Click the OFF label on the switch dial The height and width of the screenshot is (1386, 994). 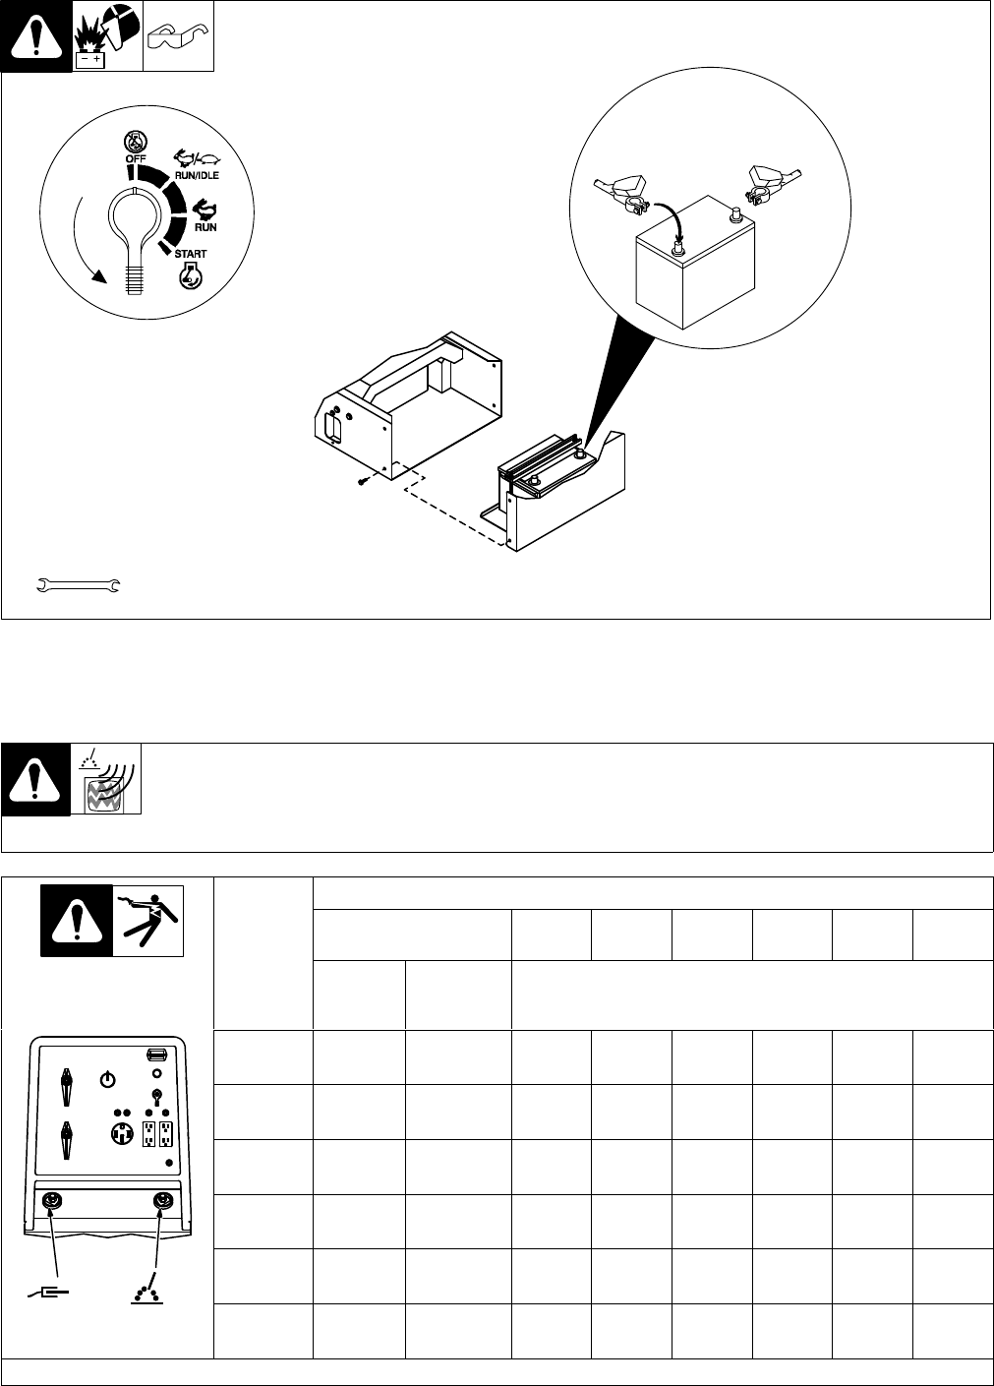[x=129, y=159]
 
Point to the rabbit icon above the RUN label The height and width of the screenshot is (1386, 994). [x=205, y=209]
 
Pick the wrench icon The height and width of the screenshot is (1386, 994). [x=78, y=586]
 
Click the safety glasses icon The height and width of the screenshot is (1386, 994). [x=178, y=40]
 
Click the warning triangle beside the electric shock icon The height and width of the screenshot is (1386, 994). [x=78, y=921]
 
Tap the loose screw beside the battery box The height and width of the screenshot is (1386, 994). [x=365, y=481]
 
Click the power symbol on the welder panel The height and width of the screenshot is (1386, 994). [x=108, y=1079]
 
